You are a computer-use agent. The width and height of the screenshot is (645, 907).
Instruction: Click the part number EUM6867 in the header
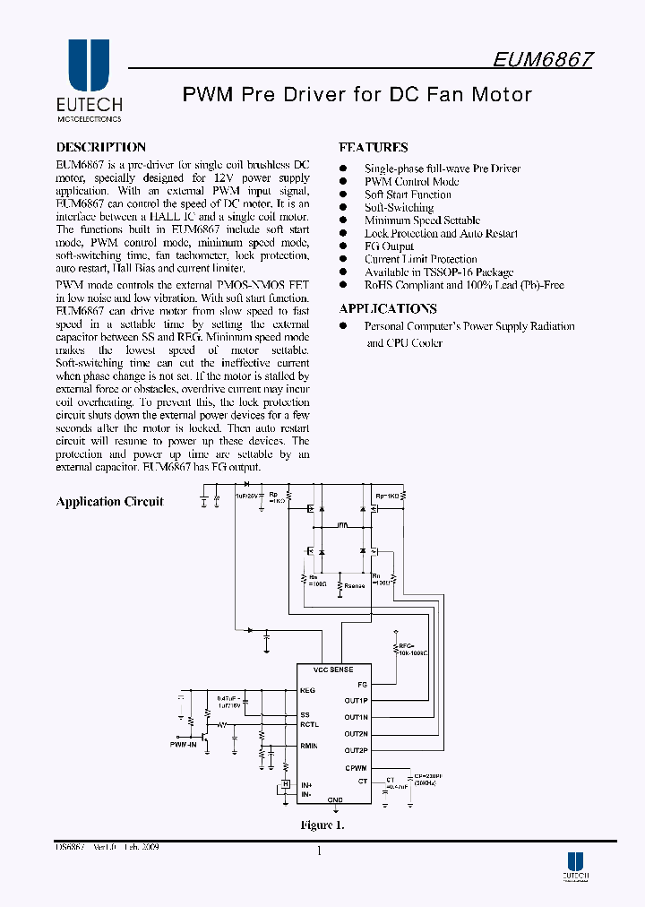coord(543,59)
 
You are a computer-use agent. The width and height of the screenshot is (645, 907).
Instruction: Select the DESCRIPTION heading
coord(100,147)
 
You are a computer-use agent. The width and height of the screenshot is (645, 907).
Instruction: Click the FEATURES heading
coord(373,147)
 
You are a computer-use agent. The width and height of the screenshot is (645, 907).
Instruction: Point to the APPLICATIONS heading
coord(387,308)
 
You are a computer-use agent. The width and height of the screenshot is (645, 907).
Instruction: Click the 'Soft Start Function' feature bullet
coord(408,194)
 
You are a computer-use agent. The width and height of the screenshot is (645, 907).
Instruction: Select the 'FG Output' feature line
coord(389,246)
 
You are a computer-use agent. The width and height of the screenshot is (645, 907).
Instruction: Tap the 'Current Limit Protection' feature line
coord(420,259)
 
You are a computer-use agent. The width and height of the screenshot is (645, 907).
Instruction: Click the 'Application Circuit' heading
coord(109,502)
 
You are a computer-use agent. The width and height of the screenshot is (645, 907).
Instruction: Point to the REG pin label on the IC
coord(307,691)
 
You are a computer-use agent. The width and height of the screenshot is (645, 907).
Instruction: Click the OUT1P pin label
coord(357,700)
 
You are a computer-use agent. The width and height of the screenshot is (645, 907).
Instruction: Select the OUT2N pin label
coord(357,734)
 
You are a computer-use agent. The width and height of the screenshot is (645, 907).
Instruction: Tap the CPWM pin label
coord(357,768)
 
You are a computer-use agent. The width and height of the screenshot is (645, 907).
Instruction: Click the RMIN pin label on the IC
coord(309,745)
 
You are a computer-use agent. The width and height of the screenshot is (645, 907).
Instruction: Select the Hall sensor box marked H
coord(286,785)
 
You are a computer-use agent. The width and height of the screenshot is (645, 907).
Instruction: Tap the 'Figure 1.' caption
coord(322,825)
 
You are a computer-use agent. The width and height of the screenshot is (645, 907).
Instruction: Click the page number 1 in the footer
coord(319,851)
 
